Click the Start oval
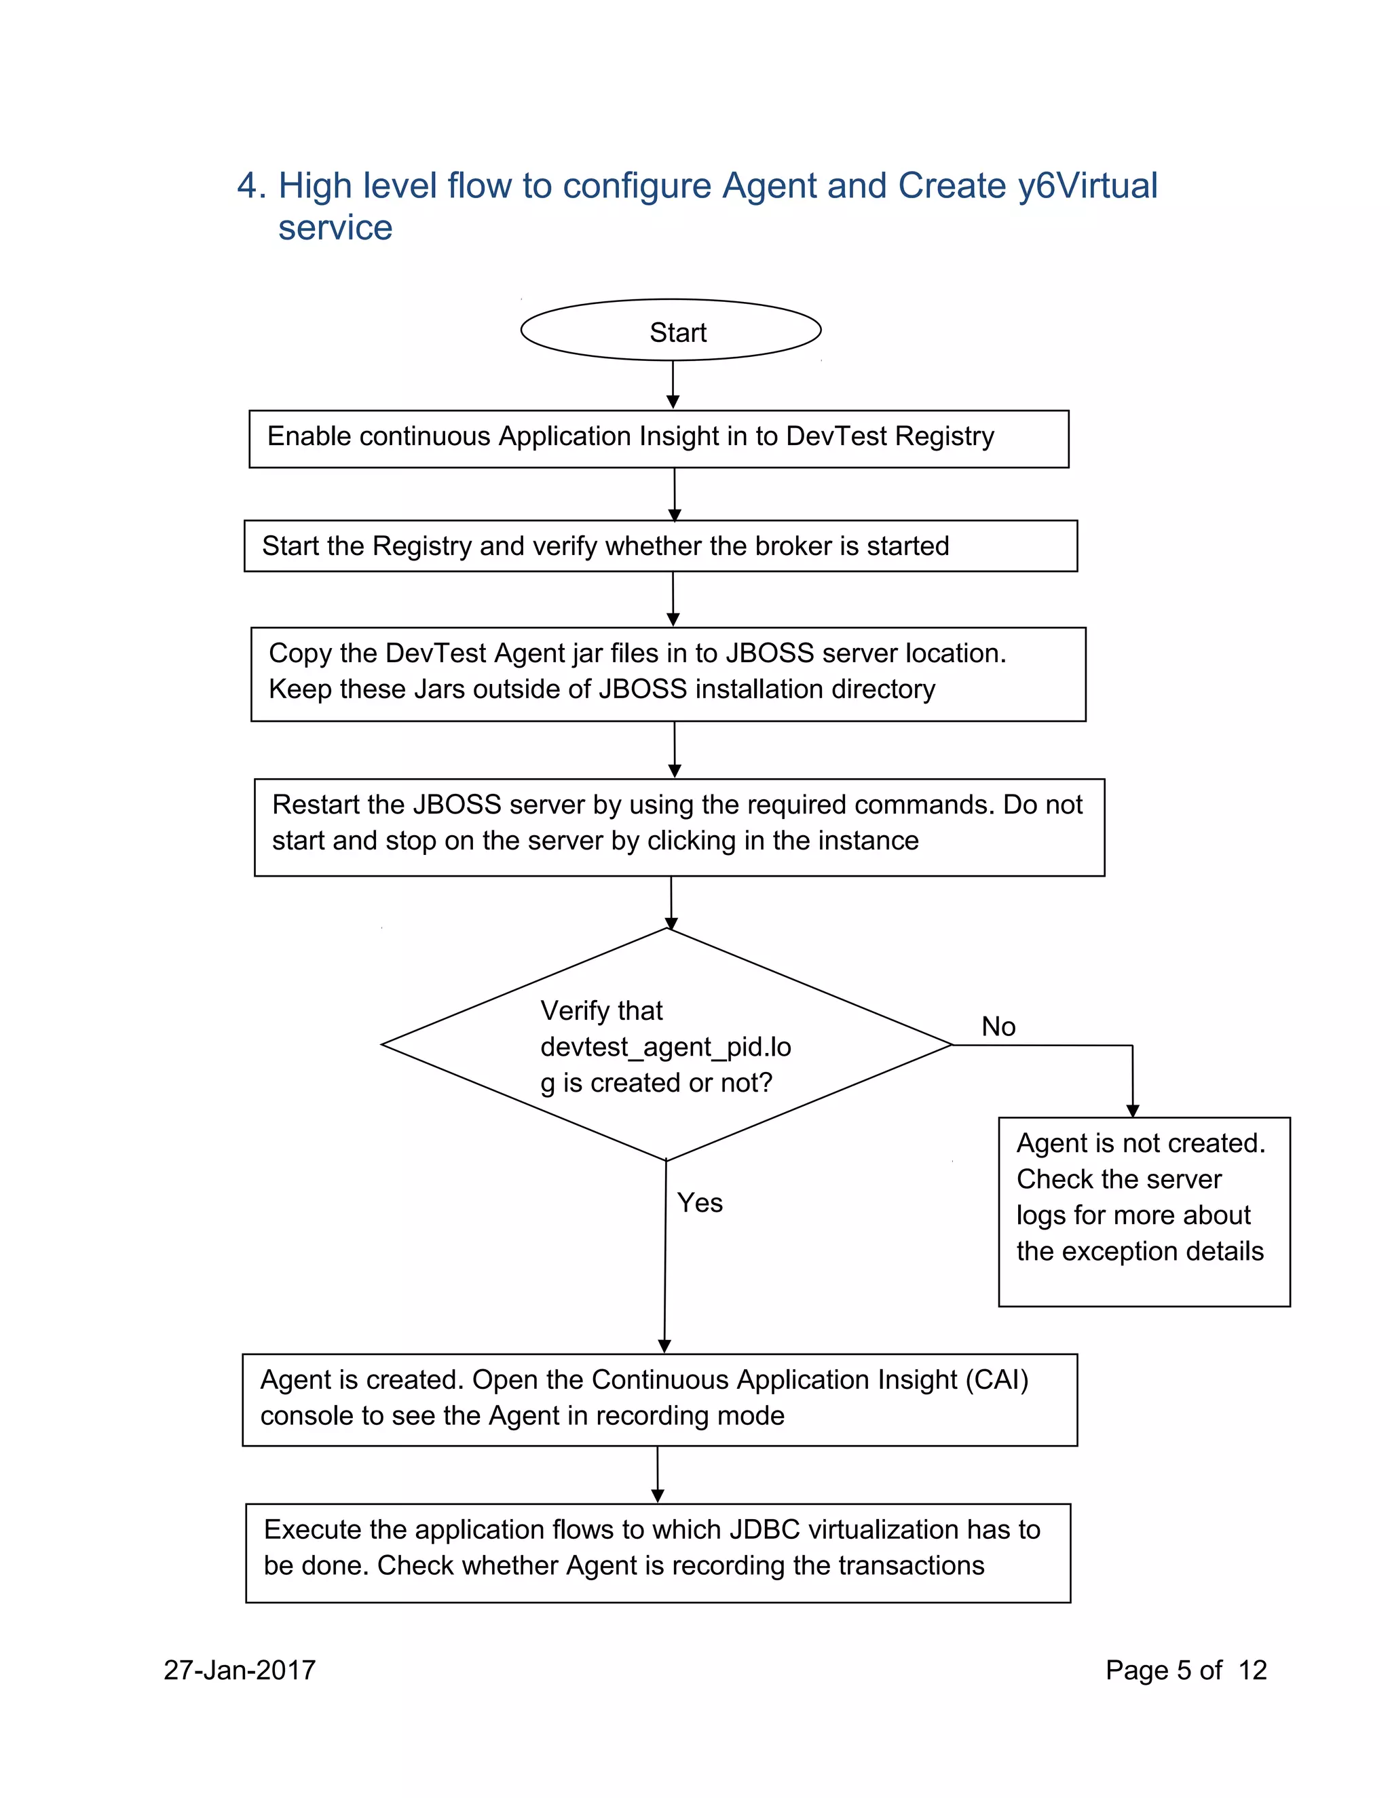671,330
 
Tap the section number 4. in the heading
251,186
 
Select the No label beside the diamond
998,1027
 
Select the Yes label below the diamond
699,1203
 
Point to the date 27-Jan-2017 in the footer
240,1670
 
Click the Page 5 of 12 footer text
1185,1670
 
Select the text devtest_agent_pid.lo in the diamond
665,1047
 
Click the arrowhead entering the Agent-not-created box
1132,1111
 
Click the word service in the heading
335,228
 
